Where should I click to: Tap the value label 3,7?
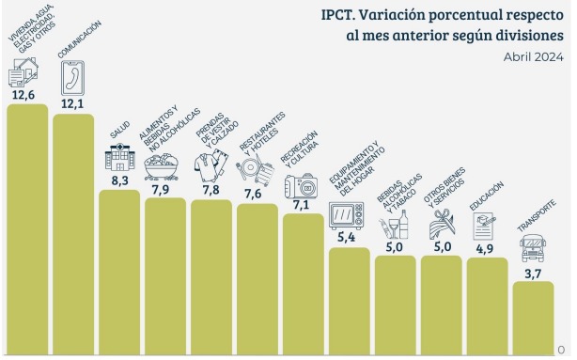point(533,274)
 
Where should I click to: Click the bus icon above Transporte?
point(533,250)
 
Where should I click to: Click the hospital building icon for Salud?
point(118,158)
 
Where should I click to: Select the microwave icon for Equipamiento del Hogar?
point(348,215)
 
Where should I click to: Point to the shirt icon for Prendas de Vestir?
point(211,167)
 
